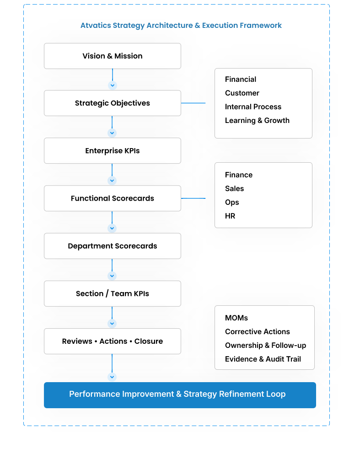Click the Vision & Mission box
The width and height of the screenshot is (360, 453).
coord(113,56)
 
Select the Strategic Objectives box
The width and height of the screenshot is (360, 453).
coord(113,103)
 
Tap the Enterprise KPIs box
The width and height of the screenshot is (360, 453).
coord(113,151)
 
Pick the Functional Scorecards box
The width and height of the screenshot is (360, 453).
coord(113,198)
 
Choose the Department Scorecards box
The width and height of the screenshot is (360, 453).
coord(113,246)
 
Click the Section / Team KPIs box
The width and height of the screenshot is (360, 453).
coord(113,293)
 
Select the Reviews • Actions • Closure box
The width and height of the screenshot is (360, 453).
coord(113,341)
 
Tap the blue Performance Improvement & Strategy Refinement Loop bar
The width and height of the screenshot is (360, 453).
coord(180,394)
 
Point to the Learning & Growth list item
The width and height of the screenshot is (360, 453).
coord(257,121)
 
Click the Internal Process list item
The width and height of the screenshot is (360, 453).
coord(253,107)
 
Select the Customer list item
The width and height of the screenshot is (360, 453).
coord(242,93)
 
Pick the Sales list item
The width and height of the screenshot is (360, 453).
coord(234,189)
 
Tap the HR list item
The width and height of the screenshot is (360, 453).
coord(230,216)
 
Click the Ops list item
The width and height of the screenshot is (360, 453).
coord(232,203)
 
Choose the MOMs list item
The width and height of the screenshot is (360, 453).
coord(236,318)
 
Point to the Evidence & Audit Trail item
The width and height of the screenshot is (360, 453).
coord(263,359)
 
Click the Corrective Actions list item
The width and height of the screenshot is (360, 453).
coord(258,332)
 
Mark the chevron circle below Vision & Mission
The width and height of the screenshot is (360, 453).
coord(113,85)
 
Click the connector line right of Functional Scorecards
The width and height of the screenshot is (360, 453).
coord(193,198)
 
